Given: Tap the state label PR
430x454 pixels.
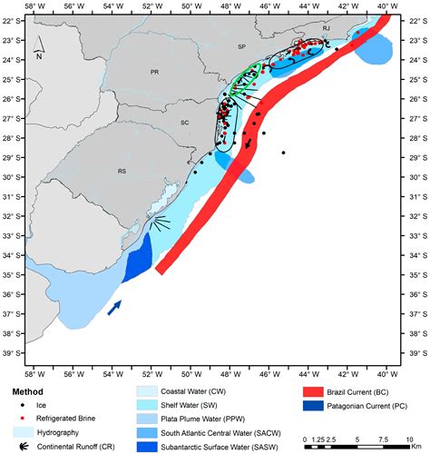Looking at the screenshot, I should [155, 71].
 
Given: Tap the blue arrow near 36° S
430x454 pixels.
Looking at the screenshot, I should [113, 309].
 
